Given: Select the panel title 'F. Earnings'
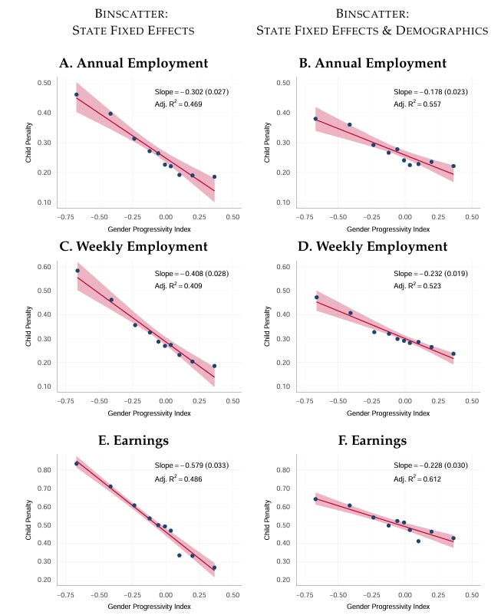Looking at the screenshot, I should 373,442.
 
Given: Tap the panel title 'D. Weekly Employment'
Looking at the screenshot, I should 373,247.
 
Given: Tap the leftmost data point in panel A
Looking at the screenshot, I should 76,95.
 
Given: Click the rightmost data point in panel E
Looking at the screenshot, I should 214,567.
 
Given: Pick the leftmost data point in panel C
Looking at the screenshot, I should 77,271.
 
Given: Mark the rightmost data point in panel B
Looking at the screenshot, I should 453,166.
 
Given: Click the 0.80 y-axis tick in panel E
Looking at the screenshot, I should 44,470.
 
